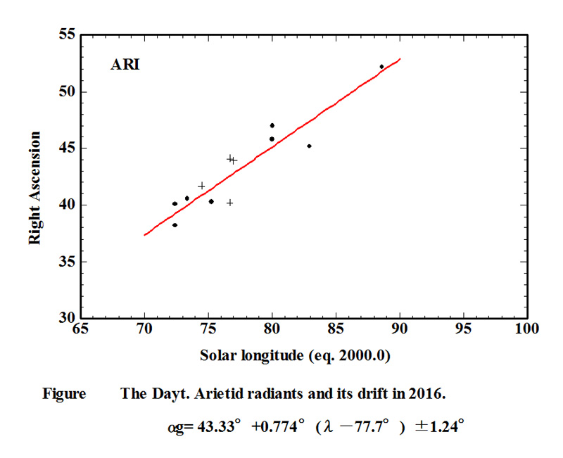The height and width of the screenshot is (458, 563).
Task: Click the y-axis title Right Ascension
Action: click(34, 188)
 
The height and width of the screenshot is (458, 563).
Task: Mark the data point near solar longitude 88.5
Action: click(381, 67)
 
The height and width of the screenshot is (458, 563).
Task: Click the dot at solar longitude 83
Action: click(309, 146)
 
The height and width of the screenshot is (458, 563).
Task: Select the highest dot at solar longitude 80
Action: click(272, 125)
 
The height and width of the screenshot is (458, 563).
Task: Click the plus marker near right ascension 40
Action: click(229, 203)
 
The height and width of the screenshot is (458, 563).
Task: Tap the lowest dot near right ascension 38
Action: click(175, 225)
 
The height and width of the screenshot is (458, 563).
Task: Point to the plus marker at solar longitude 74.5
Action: click(202, 186)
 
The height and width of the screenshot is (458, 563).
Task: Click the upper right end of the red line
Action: click(400, 59)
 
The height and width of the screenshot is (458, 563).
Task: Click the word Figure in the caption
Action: click(64, 394)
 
